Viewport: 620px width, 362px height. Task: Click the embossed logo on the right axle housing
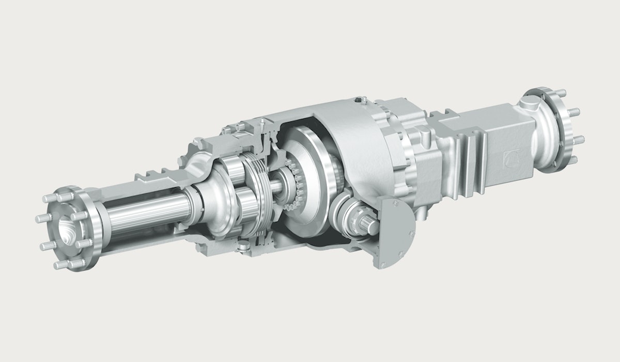[x=512, y=157]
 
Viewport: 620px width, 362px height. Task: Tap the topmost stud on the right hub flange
[x=561, y=93]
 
